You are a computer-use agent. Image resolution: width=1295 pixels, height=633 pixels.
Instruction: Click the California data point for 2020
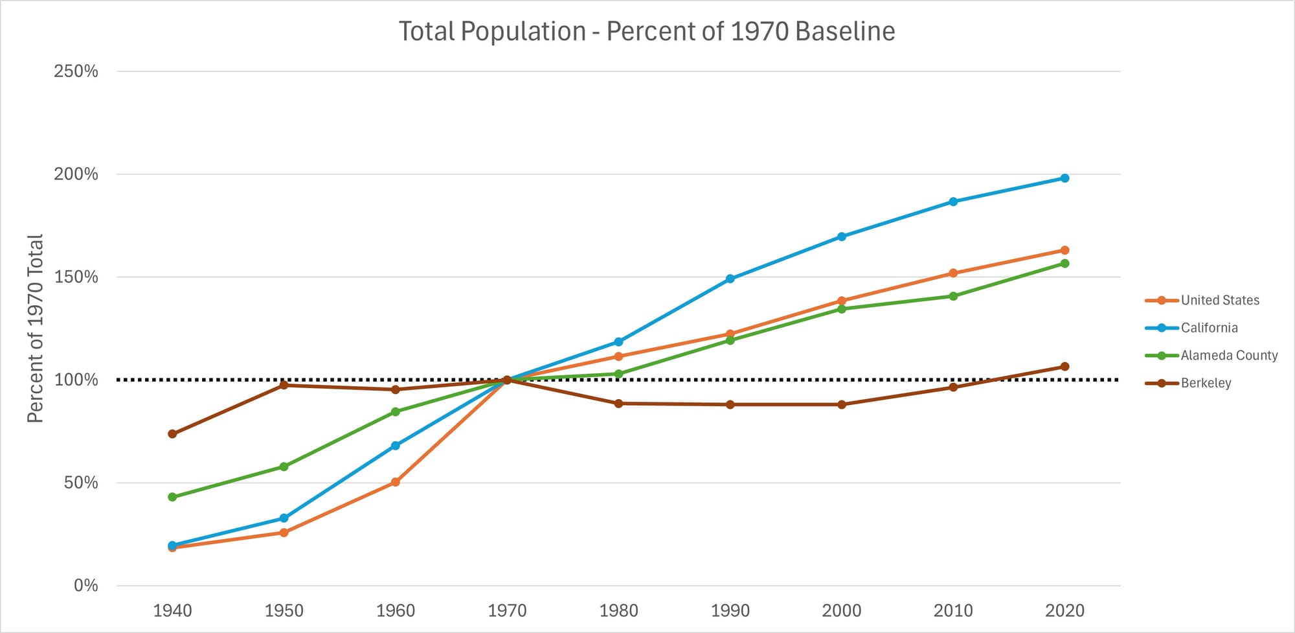(x=1064, y=178)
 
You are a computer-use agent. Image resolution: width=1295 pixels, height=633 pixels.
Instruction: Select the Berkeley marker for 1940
(x=172, y=433)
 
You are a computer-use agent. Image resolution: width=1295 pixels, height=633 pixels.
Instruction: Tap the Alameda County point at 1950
(x=284, y=466)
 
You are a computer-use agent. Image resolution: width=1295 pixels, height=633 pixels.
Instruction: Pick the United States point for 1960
(x=395, y=482)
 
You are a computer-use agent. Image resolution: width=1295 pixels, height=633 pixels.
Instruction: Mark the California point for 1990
(x=730, y=279)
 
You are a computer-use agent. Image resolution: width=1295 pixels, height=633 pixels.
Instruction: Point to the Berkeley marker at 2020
(x=1064, y=367)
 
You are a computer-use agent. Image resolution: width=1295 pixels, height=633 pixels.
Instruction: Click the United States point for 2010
(x=953, y=273)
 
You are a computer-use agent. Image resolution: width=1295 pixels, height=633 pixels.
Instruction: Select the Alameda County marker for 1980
(x=618, y=374)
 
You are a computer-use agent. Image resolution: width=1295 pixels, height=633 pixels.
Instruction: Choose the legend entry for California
(x=1208, y=328)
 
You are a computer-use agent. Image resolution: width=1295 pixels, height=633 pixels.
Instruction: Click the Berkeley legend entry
(x=1205, y=383)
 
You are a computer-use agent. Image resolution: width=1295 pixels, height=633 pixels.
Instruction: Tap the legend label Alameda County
(x=1228, y=355)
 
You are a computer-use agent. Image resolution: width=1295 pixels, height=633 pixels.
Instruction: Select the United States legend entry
(x=1219, y=300)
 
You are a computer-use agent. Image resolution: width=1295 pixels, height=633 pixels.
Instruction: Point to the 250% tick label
(x=76, y=71)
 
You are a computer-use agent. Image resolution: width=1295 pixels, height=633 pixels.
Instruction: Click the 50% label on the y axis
(x=81, y=483)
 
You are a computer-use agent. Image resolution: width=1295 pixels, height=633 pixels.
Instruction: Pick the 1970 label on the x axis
(x=507, y=610)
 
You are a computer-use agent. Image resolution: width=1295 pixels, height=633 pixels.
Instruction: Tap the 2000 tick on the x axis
(x=841, y=610)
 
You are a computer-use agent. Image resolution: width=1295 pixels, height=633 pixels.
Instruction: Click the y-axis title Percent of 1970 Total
(x=35, y=328)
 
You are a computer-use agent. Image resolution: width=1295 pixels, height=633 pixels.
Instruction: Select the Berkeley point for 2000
(x=841, y=404)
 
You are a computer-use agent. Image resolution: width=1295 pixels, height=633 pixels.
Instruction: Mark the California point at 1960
(x=395, y=446)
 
